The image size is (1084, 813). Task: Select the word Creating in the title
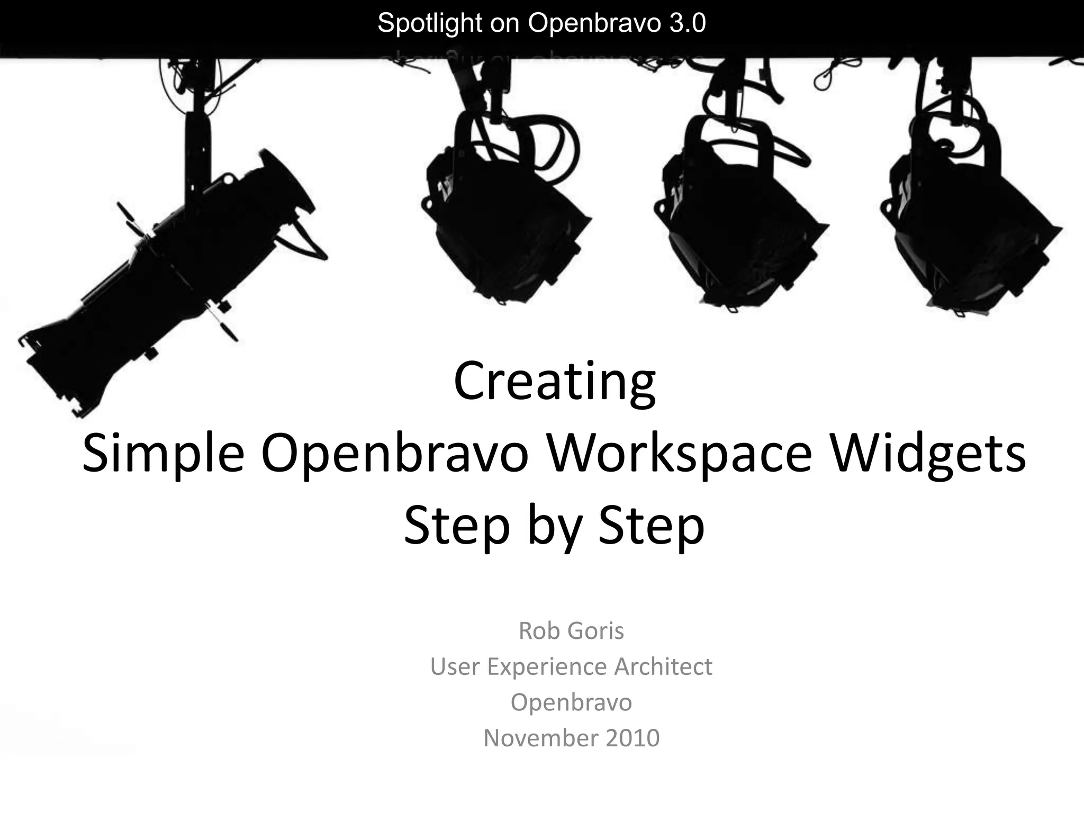pos(554,382)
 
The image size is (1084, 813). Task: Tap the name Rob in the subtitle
pos(538,630)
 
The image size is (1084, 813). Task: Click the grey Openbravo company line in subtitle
pos(571,702)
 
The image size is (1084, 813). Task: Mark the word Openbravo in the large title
pos(395,454)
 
